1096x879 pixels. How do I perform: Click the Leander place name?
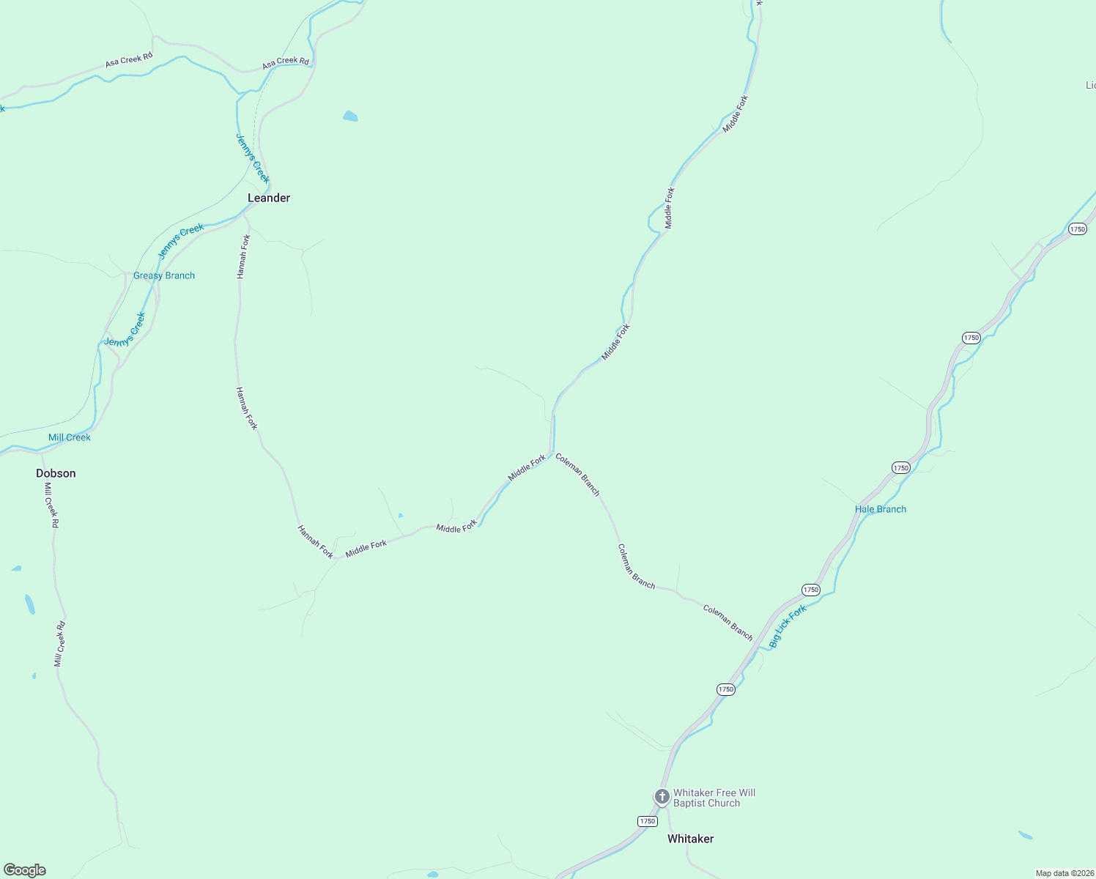point(269,198)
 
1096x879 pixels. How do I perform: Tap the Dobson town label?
point(56,473)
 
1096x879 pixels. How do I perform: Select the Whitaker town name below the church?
point(690,839)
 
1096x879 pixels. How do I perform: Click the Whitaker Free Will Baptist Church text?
point(714,798)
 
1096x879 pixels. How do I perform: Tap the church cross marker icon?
point(662,796)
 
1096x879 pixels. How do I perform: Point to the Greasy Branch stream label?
point(164,275)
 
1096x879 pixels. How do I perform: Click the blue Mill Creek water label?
point(70,437)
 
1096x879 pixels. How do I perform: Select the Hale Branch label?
point(881,509)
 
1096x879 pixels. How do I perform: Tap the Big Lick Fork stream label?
point(788,626)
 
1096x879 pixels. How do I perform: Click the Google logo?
point(25,870)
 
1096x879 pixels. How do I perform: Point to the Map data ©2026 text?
point(1063,873)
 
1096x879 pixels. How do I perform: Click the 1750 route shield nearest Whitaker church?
point(647,821)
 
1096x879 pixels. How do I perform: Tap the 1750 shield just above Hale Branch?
point(900,467)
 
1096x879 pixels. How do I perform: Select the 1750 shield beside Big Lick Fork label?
point(810,590)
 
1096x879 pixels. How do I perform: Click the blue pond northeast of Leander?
point(350,116)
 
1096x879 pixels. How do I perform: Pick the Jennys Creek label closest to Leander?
point(253,158)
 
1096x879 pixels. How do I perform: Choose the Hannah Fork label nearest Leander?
point(243,256)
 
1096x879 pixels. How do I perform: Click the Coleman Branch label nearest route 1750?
point(727,623)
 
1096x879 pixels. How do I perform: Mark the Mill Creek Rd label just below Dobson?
point(51,505)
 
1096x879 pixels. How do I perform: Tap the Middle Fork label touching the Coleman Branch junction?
point(527,468)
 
